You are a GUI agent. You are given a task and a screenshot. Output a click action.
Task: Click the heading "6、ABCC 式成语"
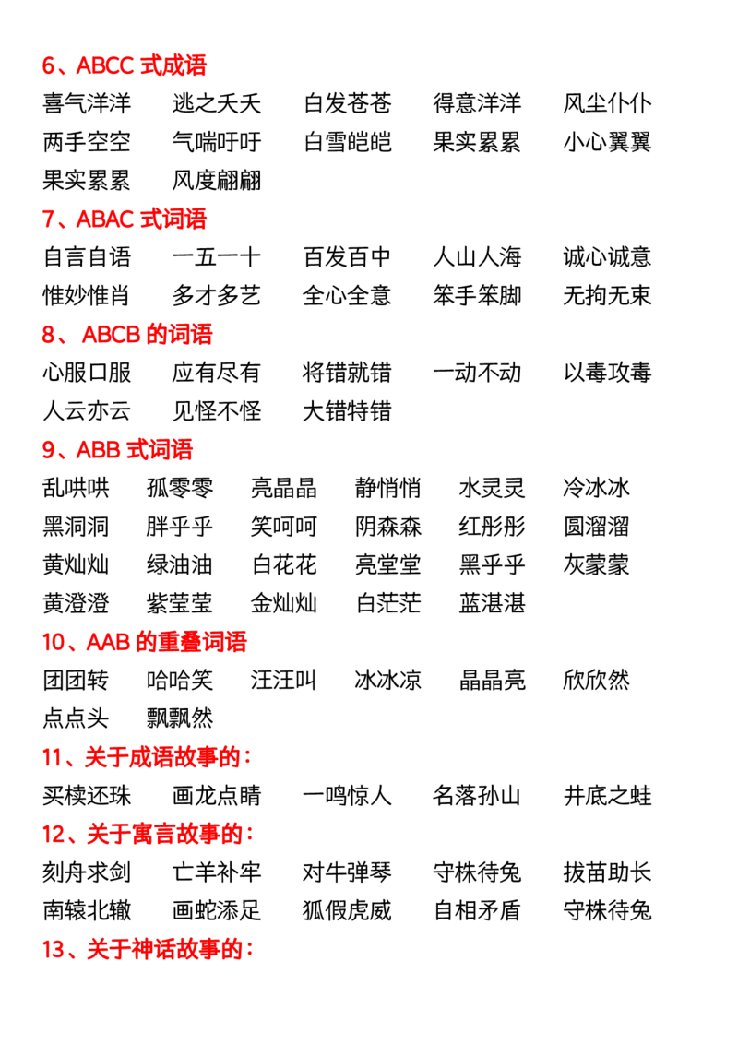(125, 65)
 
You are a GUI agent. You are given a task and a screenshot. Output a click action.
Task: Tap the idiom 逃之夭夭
(217, 103)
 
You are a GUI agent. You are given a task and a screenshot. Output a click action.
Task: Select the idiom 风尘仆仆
(607, 103)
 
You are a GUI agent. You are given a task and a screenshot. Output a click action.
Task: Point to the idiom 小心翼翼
(607, 142)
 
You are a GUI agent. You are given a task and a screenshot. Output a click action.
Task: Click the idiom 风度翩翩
(217, 180)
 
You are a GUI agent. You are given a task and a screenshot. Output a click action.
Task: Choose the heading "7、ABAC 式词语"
(125, 219)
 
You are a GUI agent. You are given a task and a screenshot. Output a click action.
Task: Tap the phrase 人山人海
(477, 257)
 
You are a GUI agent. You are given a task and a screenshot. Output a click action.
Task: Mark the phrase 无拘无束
(607, 295)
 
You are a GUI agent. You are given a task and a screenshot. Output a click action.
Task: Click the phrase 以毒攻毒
(607, 373)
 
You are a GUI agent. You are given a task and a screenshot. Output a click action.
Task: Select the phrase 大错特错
(347, 410)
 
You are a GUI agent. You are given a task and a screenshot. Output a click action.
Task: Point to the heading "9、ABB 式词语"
(117, 449)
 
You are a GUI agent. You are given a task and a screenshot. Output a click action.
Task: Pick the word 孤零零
(180, 487)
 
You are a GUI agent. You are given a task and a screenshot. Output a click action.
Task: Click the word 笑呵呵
(284, 526)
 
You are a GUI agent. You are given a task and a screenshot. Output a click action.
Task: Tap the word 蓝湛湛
(493, 603)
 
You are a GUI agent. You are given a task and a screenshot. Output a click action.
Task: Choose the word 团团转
(76, 680)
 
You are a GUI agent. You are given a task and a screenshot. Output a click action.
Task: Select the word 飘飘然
(180, 718)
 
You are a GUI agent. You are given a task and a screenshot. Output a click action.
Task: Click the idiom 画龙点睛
(217, 796)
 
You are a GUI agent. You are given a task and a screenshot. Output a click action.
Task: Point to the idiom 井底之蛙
(607, 796)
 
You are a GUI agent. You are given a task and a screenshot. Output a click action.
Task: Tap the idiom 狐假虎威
(347, 910)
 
